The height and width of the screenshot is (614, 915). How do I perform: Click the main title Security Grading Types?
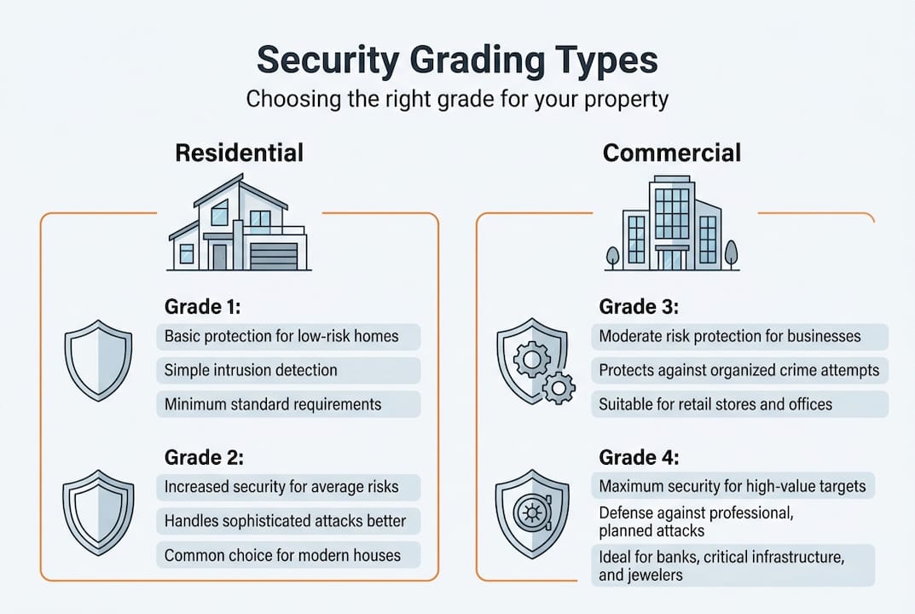pos(457,62)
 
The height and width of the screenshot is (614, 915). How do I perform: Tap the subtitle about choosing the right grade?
pos(457,99)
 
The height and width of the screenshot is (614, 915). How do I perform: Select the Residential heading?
pos(239,153)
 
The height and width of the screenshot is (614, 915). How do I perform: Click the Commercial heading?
pos(672,153)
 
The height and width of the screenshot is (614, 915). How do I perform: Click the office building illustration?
pos(672,223)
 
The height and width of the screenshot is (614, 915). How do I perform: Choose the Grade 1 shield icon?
pos(98,359)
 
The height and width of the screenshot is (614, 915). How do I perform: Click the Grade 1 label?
pos(205,306)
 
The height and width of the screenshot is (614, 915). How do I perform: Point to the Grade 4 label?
pos(639,457)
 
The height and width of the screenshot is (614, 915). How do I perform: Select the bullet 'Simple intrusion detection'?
pos(251,370)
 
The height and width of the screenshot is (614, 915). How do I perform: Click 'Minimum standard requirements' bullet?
pos(273,404)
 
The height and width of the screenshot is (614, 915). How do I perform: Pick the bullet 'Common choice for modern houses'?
pos(282,555)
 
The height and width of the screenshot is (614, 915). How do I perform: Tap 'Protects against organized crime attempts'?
pos(739,370)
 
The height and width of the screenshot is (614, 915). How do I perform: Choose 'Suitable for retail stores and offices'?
pos(715,404)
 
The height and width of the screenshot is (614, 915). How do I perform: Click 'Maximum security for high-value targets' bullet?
pos(733,487)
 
